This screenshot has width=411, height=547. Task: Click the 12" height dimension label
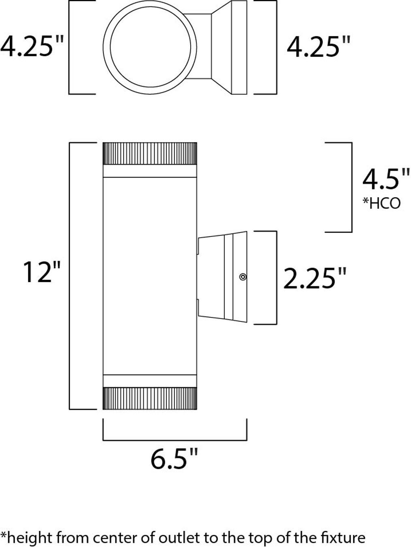click(x=42, y=272)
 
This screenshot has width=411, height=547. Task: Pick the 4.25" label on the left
click(x=32, y=46)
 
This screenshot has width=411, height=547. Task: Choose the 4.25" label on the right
click(x=318, y=47)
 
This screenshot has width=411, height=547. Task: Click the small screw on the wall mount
click(x=243, y=277)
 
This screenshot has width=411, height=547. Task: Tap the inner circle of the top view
click(x=150, y=47)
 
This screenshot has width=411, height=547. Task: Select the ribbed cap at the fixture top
click(x=150, y=153)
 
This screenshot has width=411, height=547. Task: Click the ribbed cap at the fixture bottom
click(x=150, y=398)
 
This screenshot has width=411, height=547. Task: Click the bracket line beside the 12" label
click(x=70, y=275)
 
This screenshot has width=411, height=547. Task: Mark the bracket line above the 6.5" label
click(x=175, y=439)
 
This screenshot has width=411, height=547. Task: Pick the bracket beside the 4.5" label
click(x=351, y=187)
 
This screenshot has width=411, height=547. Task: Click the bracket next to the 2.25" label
click(x=277, y=277)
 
